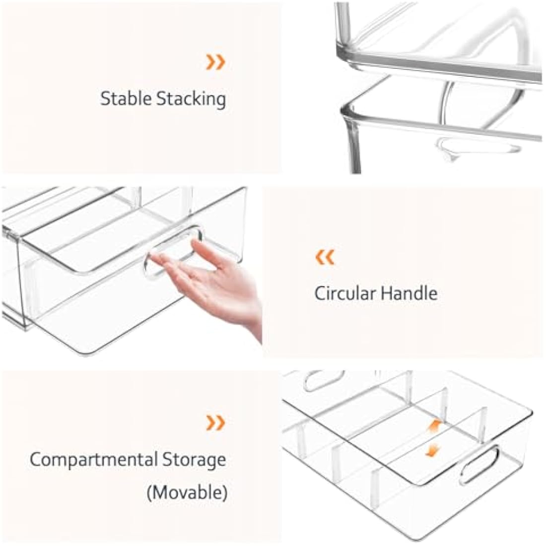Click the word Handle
pos(409,293)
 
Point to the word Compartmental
pos(94,460)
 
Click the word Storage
pos(195,460)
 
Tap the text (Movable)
pos(187,493)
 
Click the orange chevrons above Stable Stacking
pos(216,62)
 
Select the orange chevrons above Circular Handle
pos(326,257)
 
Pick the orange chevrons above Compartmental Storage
pos(216,423)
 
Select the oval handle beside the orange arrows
pos(479,464)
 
